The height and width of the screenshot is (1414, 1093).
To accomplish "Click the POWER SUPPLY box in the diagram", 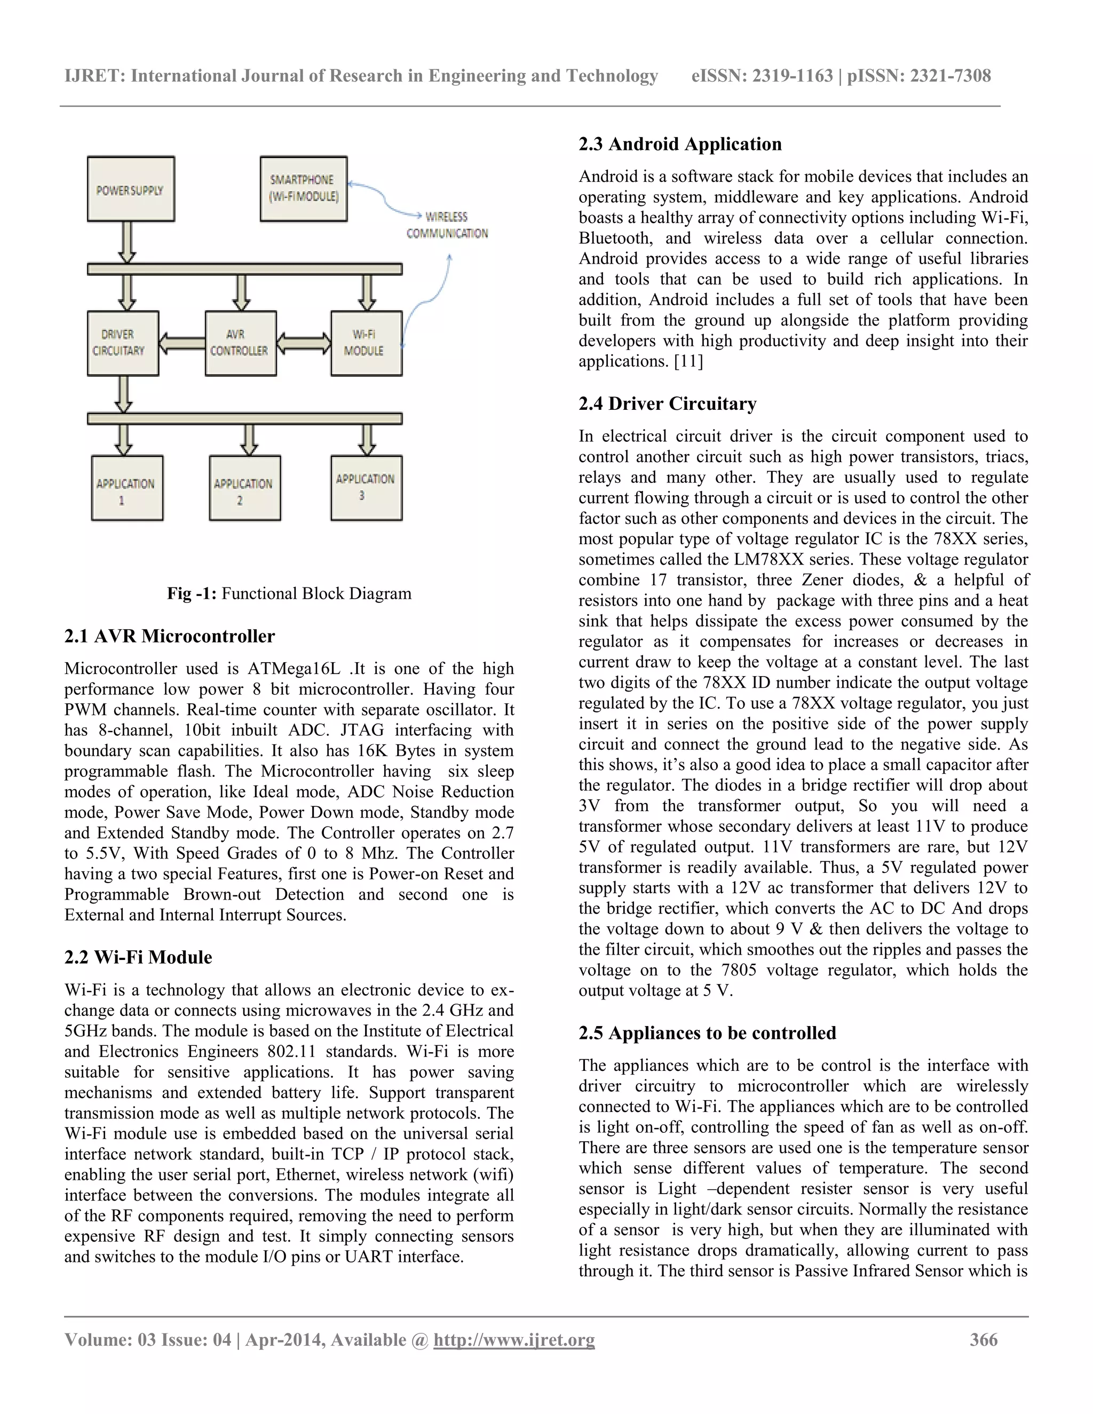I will [131, 189].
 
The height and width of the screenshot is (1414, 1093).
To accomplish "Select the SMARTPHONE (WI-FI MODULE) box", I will [304, 189].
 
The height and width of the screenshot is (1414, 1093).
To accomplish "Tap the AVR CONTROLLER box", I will [240, 343].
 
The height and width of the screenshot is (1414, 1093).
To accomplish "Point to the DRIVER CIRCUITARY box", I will [123, 343].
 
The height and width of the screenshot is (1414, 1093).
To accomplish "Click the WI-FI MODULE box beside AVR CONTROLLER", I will [366, 343].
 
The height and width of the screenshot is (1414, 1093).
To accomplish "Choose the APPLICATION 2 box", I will [245, 488].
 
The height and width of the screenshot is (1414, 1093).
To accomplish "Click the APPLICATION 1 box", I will [127, 488].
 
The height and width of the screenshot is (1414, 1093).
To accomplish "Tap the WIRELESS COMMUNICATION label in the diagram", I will [447, 225].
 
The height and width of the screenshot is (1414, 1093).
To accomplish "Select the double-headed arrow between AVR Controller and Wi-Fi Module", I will [304, 343].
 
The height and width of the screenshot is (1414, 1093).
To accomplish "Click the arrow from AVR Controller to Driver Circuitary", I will [182, 343].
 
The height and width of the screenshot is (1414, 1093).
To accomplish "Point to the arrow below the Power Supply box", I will [128, 242].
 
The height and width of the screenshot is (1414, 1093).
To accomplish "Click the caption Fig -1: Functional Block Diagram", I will [289, 594].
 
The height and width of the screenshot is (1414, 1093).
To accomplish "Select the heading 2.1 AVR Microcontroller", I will [170, 637].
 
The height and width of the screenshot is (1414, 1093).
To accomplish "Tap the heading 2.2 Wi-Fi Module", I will [138, 958].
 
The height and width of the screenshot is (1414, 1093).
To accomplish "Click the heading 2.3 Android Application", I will [680, 145].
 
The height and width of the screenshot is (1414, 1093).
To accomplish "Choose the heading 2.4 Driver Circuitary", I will [667, 404].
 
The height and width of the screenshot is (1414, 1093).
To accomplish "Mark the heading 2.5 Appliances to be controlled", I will [707, 1034].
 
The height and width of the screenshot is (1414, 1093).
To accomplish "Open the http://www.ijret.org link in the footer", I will [513, 1339].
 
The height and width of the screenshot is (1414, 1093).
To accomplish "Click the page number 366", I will [983, 1339].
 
